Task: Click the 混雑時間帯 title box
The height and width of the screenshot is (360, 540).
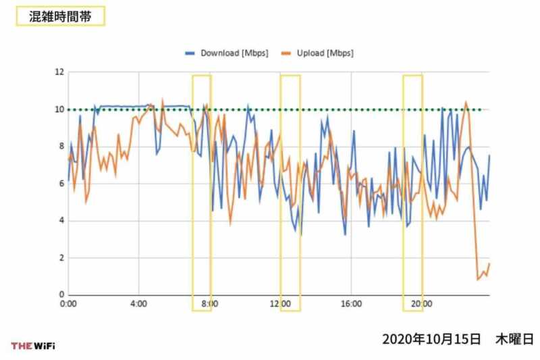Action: click(60, 16)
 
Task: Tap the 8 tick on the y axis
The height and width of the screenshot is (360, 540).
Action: click(60, 147)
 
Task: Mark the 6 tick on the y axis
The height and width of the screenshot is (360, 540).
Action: click(60, 184)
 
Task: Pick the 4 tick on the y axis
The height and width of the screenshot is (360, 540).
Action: click(60, 221)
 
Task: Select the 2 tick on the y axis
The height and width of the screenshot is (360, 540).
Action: click(60, 258)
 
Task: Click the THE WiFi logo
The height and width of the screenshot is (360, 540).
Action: click(33, 346)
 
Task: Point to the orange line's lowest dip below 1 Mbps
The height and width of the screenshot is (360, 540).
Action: click(478, 279)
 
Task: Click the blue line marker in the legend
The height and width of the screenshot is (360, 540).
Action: click(190, 53)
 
